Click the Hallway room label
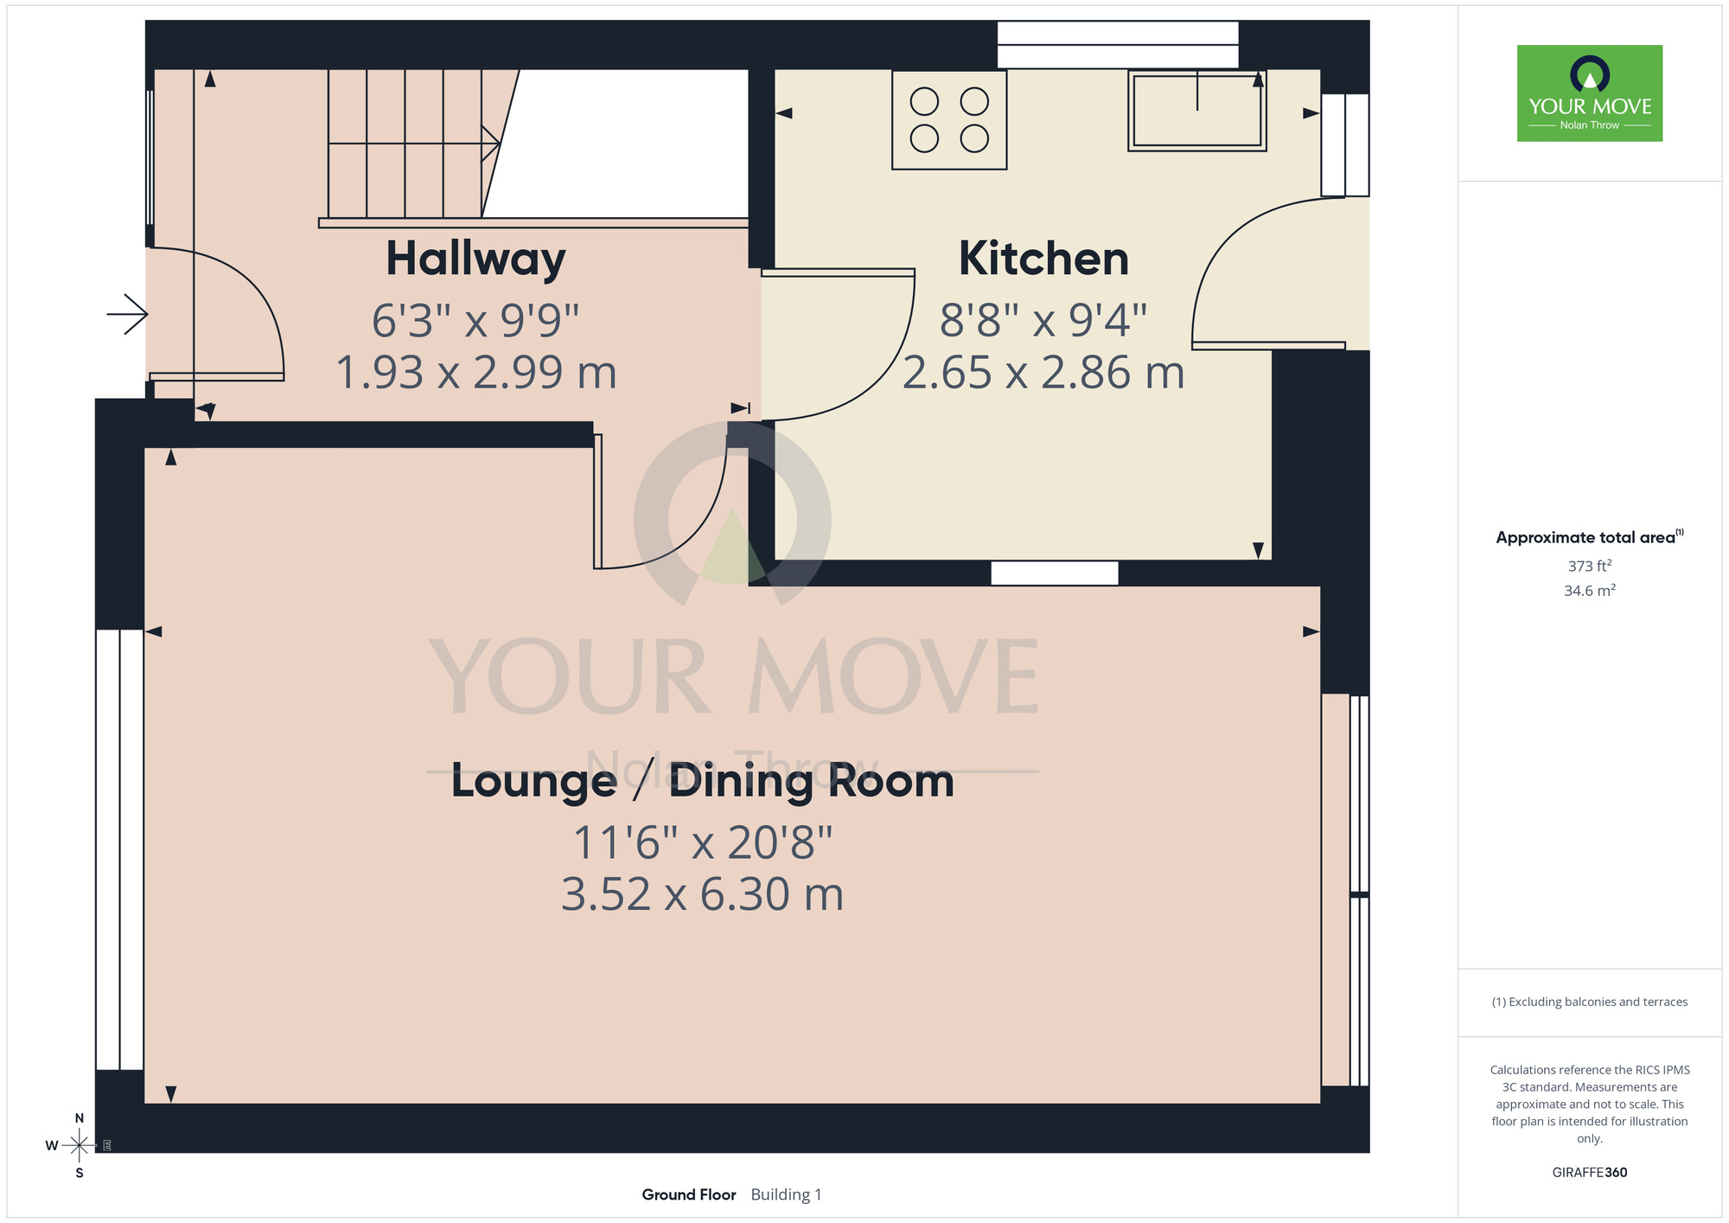click(475, 259)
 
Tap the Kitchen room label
click(1043, 259)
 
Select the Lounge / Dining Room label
click(702, 781)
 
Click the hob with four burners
click(949, 119)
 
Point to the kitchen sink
click(1197, 111)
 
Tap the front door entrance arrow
click(127, 313)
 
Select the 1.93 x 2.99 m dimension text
click(475, 373)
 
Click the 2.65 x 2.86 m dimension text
click(1043, 373)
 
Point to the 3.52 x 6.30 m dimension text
click(702, 894)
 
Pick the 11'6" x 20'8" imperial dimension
click(702, 842)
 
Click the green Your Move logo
click(1590, 93)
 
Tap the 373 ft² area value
click(1590, 566)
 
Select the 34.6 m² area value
click(1590, 591)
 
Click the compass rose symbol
click(79, 1146)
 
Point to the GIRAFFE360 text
click(1590, 1173)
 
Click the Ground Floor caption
click(689, 1194)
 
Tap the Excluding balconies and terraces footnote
click(1590, 1002)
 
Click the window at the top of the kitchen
click(1118, 45)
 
